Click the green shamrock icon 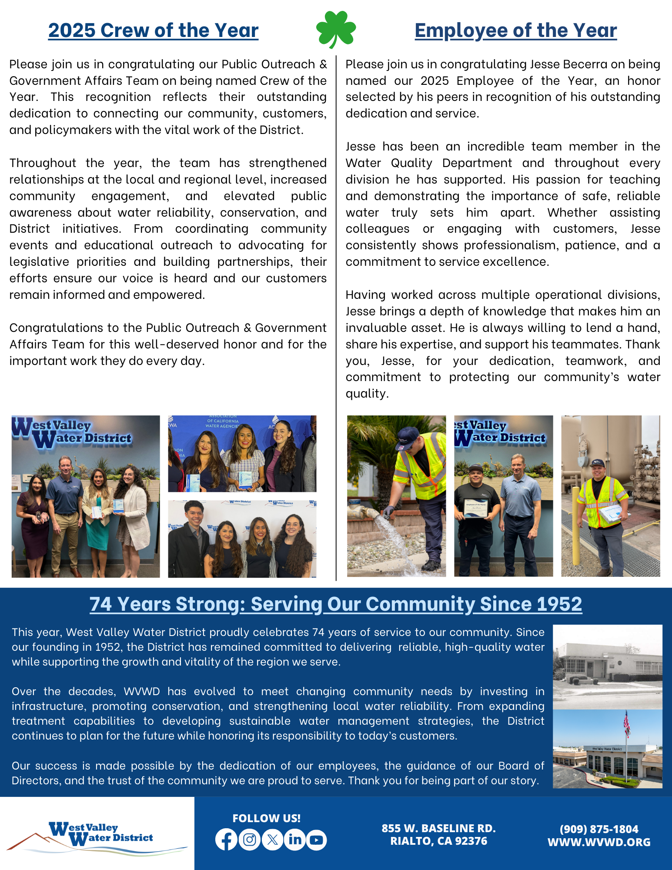point(336,29)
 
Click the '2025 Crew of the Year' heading point(153,30)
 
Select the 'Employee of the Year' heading point(515,30)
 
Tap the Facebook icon point(226,840)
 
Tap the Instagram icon point(250,840)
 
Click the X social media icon point(272,840)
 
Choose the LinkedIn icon point(295,840)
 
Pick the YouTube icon point(317,840)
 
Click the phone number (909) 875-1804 point(599,829)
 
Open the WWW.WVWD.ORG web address point(599,842)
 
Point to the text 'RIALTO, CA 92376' point(438,841)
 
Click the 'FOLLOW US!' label point(266,818)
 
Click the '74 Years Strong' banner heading point(336,604)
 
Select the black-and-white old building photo point(607,666)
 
